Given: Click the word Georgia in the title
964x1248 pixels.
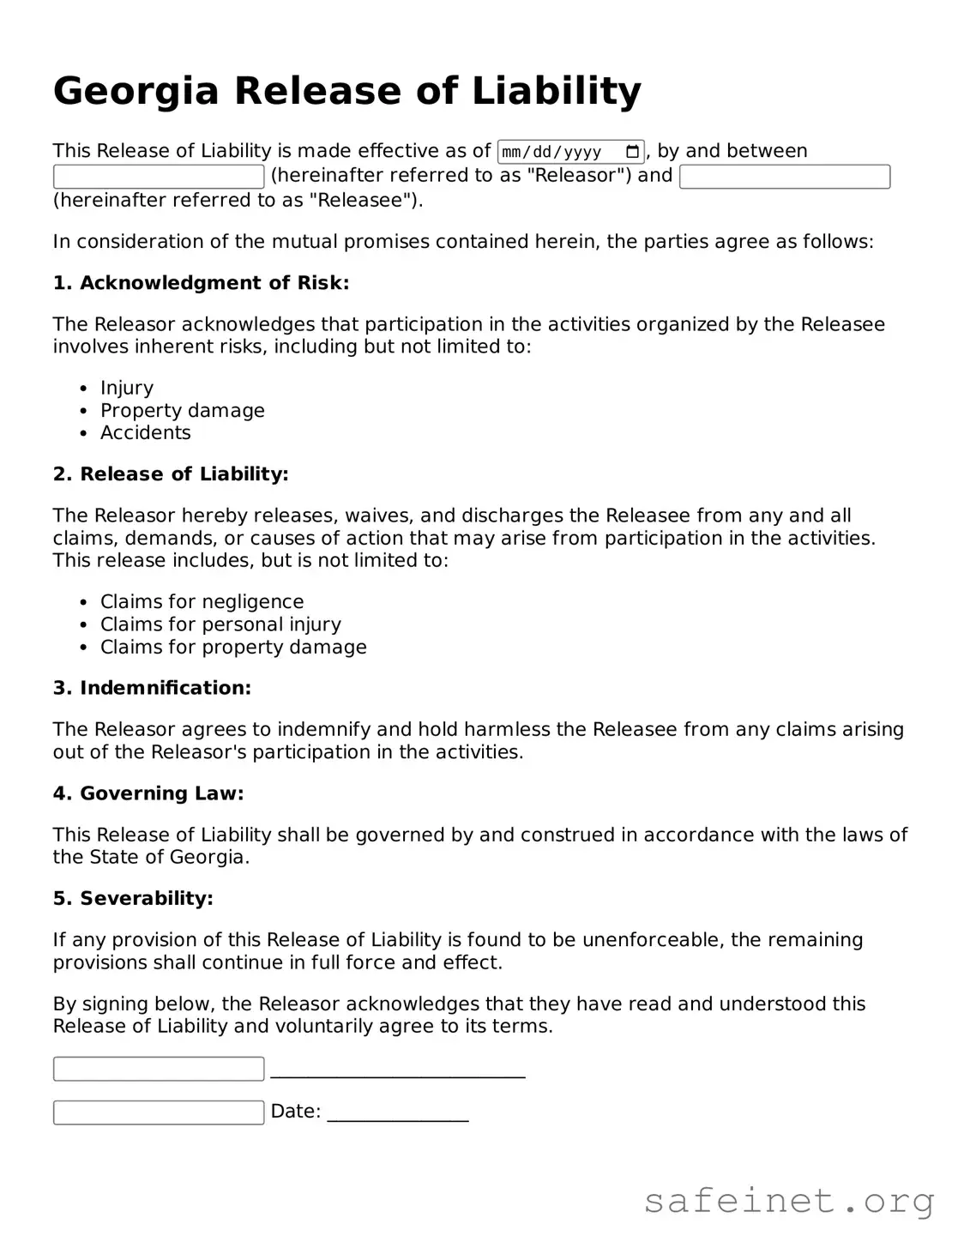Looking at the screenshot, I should pyautogui.click(x=136, y=92).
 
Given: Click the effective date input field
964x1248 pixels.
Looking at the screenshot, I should pyautogui.click(x=557, y=152).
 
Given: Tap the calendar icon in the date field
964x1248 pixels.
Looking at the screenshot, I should pyautogui.click(x=633, y=152).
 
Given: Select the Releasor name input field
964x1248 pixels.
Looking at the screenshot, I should pyautogui.click(x=159, y=177).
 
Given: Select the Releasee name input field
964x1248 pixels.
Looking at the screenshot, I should pyautogui.click(x=784, y=177).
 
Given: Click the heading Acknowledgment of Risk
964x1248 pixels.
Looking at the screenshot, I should pyautogui.click(x=201, y=283).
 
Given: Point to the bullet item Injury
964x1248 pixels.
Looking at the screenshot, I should pyautogui.click(x=127, y=388).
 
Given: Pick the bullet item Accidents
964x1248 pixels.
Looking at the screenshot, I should pyautogui.click(x=145, y=432).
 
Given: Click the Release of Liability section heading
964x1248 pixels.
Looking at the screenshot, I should pyautogui.click(x=171, y=474).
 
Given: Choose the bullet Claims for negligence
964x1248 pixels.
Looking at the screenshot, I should pyautogui.click(x=202, y=601).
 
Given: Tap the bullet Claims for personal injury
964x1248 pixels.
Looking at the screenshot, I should pyautogui.click(x=220, y=624).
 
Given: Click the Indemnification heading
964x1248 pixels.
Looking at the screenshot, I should pyautogui.click(x=152, y=688).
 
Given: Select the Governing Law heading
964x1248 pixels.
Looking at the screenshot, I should pyautogui.click(x=148, y=793).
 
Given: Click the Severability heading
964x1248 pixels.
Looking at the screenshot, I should pyautogui.click(x=133, y=898).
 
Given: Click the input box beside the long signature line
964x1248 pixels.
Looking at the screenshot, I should pyautogui.click(x=159, y=1069).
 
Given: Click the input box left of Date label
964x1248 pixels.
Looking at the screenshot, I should pyautogui.click(x=159, y=1112).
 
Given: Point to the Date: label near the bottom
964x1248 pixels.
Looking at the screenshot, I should pyautogui.click(x=295, y=1112).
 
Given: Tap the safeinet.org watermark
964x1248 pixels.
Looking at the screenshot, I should pyautogui.click(x=788, y=1201).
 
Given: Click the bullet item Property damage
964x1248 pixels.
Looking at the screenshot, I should pyautogui.click(x=182, y=410).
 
